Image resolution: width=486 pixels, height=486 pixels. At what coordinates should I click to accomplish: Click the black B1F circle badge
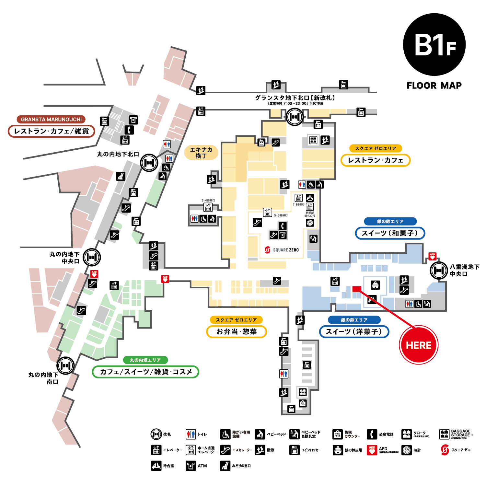(x=434, y=45)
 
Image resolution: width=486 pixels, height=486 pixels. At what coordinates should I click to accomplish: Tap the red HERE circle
(x=419, y=345)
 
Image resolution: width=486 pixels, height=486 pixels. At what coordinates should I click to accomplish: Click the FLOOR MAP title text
(x=434, y=86)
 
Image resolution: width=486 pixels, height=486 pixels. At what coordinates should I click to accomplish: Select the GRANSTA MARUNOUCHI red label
(x=51, y=119)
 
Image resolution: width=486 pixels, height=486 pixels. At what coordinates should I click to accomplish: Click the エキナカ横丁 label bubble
(x=201, y=153)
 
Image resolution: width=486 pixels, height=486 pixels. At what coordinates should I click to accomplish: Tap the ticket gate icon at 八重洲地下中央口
(x=439, y=270)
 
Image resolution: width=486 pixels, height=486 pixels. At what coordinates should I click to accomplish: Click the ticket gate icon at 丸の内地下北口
(x=149, y=163)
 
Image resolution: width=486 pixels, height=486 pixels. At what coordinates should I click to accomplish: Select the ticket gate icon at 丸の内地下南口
(x=65, y=365)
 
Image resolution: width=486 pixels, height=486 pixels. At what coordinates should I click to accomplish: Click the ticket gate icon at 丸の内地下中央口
(x=92, y=257)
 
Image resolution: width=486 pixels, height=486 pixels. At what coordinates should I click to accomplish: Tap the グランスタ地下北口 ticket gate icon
(x=295, y=117)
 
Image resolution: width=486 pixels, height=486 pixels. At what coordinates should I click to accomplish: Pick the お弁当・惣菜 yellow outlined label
(x=237, y=331)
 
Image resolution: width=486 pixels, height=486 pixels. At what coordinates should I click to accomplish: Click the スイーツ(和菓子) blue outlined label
(x=390, y=233)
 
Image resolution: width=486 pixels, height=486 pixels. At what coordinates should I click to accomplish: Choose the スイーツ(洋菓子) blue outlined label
(x=354, y=331)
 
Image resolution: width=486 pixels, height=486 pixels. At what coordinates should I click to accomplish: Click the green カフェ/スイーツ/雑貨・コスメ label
(x=145, y=372)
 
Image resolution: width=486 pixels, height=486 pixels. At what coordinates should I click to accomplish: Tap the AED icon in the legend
(x=372, y=450)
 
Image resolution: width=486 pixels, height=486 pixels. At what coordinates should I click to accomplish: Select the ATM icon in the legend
(x=191, y=466)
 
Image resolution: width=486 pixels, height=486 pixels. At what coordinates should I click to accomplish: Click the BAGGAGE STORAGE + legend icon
(x=444, y=434)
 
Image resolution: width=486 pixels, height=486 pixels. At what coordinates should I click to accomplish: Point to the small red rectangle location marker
(x=357, y=289)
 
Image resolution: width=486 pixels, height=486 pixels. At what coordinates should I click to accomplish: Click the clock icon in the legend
(x=407, y=450)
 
